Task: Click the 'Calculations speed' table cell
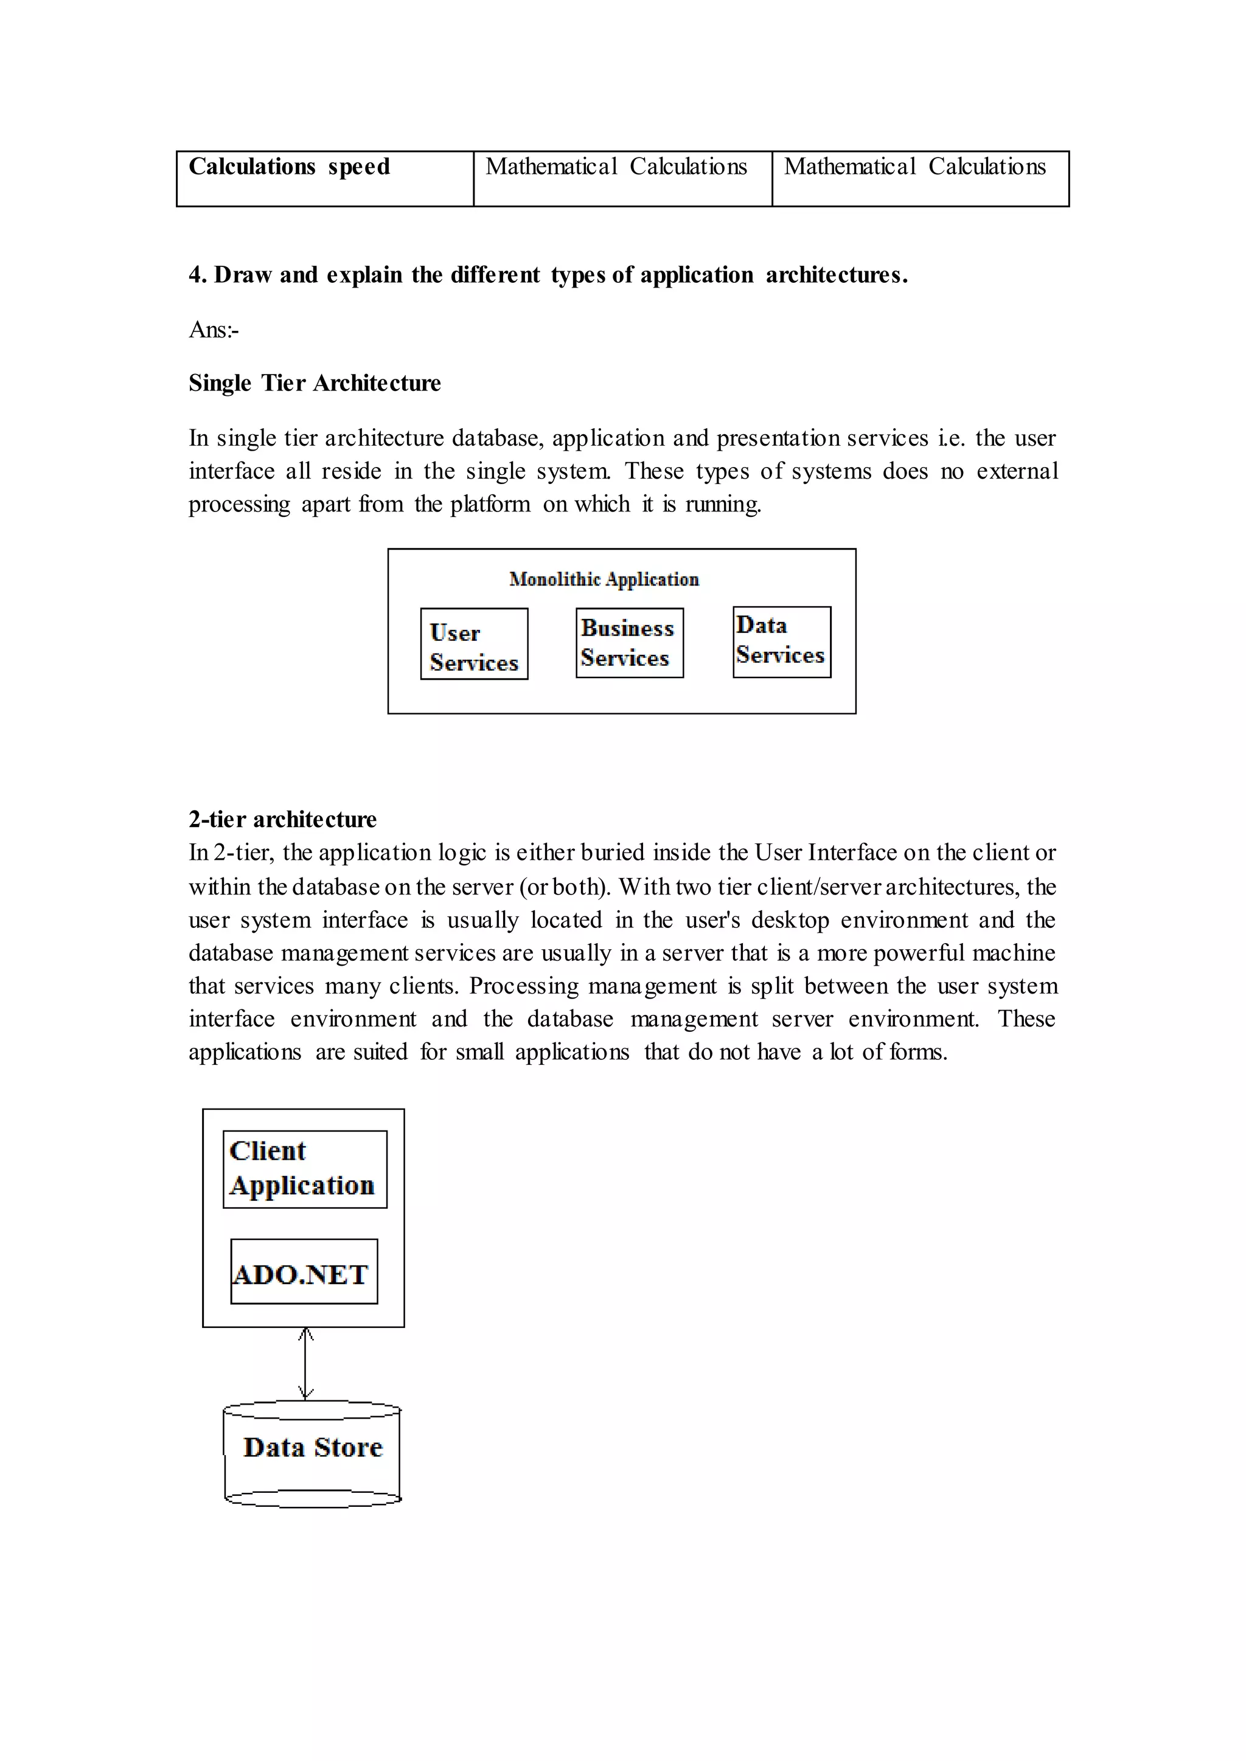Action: (x=324, y=178)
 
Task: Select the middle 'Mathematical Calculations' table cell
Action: (x=622, y=178)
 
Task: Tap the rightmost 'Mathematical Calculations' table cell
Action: (x=920, y=178)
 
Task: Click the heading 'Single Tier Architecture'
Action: (x=315, y=382)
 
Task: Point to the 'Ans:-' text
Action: (x=214, y=330)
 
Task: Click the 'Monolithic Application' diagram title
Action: (x=604, y=579)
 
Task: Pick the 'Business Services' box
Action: (x=629, y=643)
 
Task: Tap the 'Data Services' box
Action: (x=781, y=642)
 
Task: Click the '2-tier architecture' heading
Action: (x=282, y=819)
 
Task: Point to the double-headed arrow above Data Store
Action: (x=305, y=1364)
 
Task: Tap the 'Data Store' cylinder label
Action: (x=312, y=1447)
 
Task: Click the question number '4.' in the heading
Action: (x=197, y=275)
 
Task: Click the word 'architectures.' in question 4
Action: (x=837, y=275)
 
